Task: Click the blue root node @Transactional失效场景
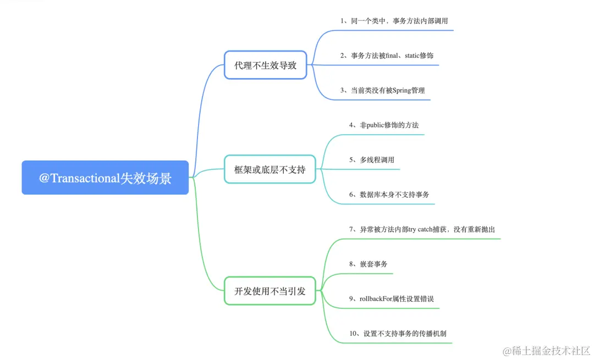(105, 178)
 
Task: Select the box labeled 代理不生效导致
(265, 65)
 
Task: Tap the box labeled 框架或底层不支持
(269, 169)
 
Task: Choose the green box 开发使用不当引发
(269, 291)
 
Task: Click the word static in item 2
(413, 56)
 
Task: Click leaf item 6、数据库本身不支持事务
(388, 195)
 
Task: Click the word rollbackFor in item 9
(376, 298)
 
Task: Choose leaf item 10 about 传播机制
(397, 334)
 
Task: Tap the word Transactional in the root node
(85, 178)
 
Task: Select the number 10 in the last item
(353, 334)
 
